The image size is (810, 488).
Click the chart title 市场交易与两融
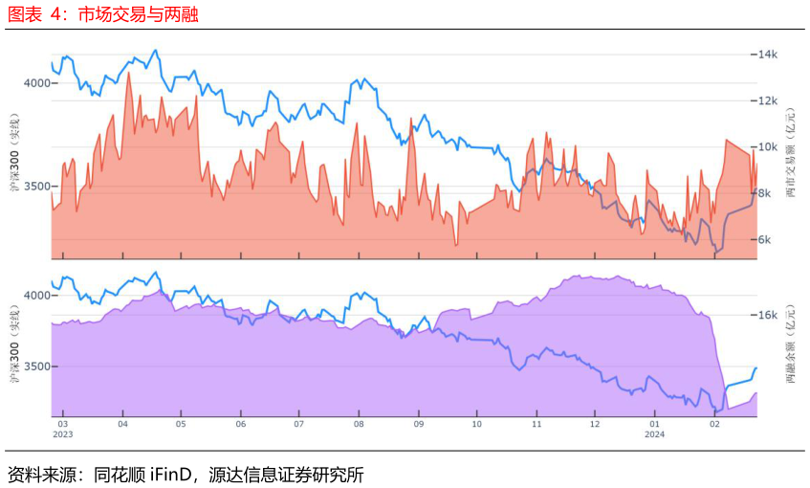point(138,14)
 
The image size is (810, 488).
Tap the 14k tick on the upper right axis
point(768,55)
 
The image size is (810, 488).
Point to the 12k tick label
point(768,100)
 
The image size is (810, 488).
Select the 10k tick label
point(768,146)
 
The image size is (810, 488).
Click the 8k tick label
point(764,193)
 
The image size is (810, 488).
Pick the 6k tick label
point(764,239)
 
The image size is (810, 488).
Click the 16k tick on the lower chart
point(768,315)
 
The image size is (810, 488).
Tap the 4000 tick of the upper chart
point(36,82)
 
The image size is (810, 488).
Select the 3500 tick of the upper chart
point(36,186)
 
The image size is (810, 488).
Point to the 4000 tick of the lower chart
point(36,295)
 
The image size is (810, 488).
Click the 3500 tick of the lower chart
point(36,366)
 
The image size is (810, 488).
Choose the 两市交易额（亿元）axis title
point(791,153)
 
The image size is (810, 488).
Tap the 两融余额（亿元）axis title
point(791,344)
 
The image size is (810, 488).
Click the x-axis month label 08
point(359,424)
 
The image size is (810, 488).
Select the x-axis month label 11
point(536,424)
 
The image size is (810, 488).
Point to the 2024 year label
point(654,434)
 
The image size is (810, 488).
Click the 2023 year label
point(63,434)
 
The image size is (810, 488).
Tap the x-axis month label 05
point(181,424)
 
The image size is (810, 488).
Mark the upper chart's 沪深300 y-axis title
point(14,152)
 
